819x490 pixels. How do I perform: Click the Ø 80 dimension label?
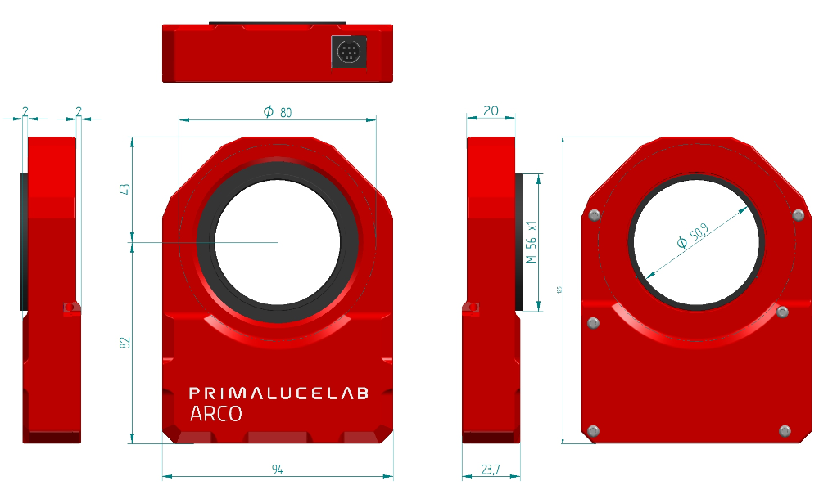(x=277, y=112)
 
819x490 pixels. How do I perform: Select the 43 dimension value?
(x=125, y=189)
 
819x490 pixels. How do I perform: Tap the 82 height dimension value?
(x=125, y=343)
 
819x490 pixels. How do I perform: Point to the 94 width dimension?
(x=278, y=470)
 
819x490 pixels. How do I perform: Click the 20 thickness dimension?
(x=491, y=110)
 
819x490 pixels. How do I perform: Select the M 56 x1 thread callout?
(x=531, y=241)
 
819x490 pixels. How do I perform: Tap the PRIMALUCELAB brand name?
(x=278, y=393)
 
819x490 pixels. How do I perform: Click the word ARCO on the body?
(x=215, y=414)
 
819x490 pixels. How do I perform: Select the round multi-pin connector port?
(x=348, y=53)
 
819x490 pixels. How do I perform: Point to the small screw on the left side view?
(x=71, y=308)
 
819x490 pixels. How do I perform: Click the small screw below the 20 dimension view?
(x=471, y=308)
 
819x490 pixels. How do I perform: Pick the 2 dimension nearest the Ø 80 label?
(x=79, y=110)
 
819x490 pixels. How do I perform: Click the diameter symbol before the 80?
(x=268, y=112)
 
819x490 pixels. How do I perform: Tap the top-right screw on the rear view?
(x=799, y=215)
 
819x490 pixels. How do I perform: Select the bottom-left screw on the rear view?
(x=594, y=431)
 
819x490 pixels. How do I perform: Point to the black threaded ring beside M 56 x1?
(x=518, y=241)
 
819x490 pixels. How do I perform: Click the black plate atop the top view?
(x=277, y=23)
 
